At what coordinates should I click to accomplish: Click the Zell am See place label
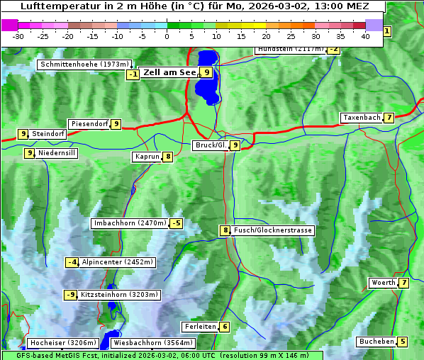[x=169, y=72]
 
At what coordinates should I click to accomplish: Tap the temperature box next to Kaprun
[x=168, y=157]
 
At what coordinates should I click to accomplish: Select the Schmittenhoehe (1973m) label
[x=85, y=64]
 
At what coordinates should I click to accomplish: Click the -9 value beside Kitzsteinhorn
[x=70, y=295]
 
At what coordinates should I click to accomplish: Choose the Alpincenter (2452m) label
[x=118, y=262]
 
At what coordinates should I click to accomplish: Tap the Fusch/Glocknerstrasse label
[x=272, y=230]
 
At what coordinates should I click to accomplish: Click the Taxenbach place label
[x=362, y=118]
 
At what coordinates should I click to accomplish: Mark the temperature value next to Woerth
[x=403, y=283]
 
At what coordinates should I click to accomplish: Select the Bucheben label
[x=376, y=342]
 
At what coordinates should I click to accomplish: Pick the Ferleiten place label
[x=200, y=327]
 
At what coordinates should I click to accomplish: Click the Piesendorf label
[x=89, y=124]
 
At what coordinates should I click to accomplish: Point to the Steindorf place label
[x=49, y=133]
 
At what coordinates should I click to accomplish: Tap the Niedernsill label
[x=57, y=152]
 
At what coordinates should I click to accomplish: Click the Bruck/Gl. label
[x=211, y=145]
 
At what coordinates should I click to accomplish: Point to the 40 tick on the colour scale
[x=364, y=36]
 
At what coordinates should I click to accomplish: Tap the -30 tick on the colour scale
[x=18, y=36]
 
